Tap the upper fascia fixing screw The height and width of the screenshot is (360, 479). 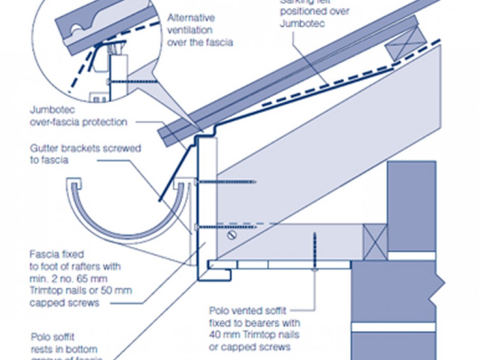pyautogui.click(x=226, y=182)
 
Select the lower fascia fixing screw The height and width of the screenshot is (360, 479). pyautogui.click(x=226, y=226)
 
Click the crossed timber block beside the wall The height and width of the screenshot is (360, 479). pyautogui.click(x=375, y=242)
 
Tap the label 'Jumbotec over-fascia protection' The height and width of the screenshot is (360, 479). pyautogui.click(x=78, y=116)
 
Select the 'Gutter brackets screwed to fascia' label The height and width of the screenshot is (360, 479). pyautogui.click(x=85, y=154)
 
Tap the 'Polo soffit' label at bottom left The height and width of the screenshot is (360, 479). pyautogui.click(x=53, y=337)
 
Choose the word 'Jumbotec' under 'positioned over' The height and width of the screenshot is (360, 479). pyautogui.click(x=302, y=24)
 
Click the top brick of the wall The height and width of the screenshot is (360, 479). pyautogui.click(x=411, y=206)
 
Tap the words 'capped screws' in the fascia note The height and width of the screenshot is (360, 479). pyautogui.click(x=64, y=303)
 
